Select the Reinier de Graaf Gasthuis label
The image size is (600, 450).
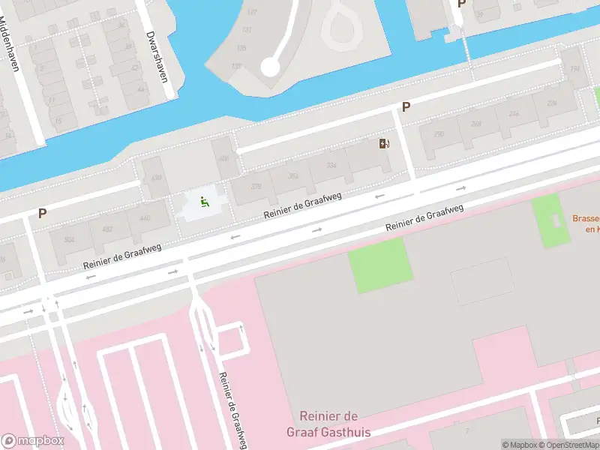pos(328,424)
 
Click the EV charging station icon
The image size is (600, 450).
pos(385,144)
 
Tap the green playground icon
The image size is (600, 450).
pos(203,201)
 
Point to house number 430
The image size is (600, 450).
pos(156,178)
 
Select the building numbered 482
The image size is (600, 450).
pos(107,229)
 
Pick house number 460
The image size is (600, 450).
pos(144,218)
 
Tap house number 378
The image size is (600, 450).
pos(256,187)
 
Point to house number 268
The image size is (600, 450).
pos(475,124)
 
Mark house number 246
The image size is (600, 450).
pos(513,114)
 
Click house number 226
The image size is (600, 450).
pos(551,103)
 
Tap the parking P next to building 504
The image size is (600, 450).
pos(43,214)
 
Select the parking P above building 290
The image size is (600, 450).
pos(406,106)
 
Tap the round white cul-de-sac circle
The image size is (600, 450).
pos(270,67)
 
